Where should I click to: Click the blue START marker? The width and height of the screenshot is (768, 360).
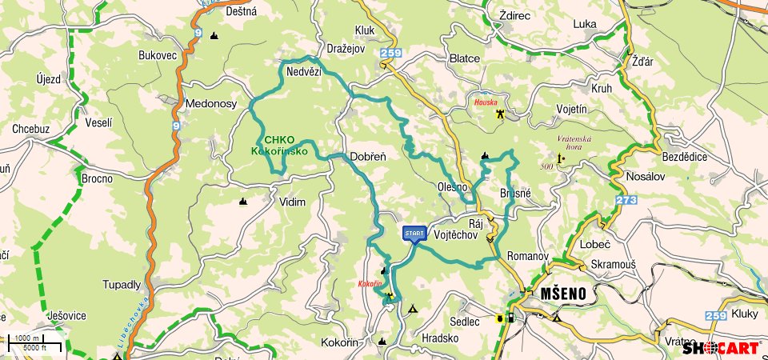point(414,234)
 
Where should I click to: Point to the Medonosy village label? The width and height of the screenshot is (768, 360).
point(210,104)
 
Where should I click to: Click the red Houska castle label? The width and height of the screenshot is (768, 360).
point(486,103)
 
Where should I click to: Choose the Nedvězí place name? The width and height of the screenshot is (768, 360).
point(303,72)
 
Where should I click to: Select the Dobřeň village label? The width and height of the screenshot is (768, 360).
point(368,157)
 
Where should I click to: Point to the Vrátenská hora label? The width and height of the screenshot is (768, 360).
point(574,143)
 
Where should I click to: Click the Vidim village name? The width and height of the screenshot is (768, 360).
point(292,202)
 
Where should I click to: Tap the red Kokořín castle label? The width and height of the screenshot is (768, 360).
point(369,283)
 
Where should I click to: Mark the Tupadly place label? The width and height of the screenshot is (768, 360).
point(122,284)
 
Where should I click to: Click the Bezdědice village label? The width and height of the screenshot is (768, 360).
point(685,157)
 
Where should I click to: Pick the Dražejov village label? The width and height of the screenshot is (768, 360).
point(347,50)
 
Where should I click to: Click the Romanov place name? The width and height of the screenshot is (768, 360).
point(527,257)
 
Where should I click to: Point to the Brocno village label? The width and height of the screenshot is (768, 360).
point(97,178)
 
